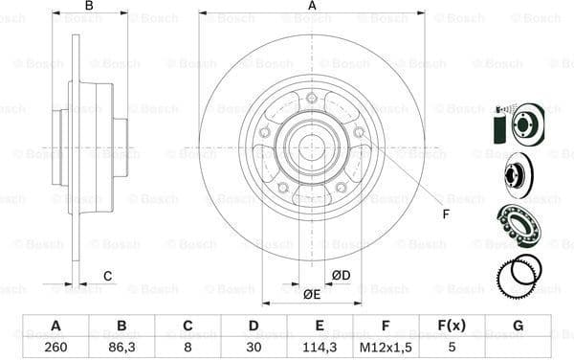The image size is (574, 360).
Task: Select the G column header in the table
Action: point(519,326)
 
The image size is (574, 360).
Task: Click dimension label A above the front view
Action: point(311,7)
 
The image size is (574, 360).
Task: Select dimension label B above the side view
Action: point(89,7)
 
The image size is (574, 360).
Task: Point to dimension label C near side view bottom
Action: point(108,277)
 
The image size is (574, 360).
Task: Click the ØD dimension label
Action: point(341,277)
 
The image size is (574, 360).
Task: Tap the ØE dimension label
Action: point(311,294)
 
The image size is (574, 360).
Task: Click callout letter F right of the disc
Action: point(445,213)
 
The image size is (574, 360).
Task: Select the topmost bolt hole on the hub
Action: point(312,97)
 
